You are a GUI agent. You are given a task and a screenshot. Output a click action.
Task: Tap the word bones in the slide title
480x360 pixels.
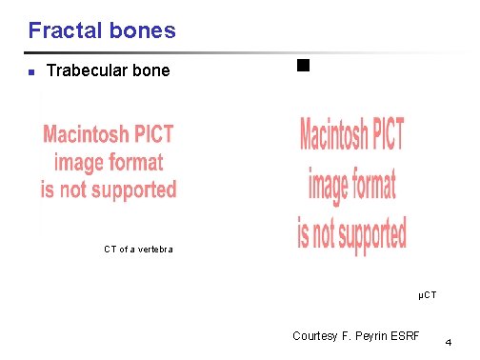pos(142,30)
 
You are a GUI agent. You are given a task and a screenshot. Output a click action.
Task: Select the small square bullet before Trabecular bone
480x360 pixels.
pos(31,72)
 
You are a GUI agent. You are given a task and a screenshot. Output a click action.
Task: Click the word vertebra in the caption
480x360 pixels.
pos(152,250)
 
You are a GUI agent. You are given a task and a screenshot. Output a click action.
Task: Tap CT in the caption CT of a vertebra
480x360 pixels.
pos(110,250)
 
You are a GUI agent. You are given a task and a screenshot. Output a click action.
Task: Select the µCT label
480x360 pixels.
pos(428,296)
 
